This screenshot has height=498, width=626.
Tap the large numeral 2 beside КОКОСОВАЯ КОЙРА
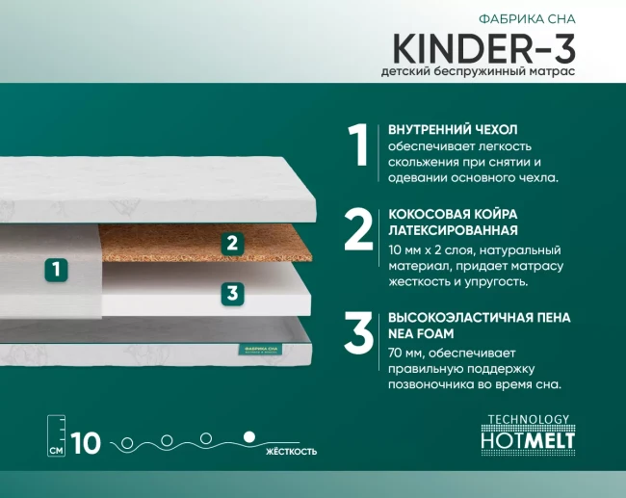pos(358,230)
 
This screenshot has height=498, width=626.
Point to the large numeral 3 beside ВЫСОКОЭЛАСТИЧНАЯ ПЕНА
pos(358,330)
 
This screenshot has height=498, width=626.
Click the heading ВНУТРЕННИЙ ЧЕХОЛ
pos(453,129)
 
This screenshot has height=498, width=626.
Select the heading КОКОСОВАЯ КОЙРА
pos(452,213)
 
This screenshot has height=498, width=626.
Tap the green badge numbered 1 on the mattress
pos(58,270)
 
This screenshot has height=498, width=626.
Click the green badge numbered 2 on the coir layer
pos(231,243)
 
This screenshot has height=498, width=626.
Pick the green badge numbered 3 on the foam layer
pos(231,293)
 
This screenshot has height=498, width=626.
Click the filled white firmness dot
pos(249,437)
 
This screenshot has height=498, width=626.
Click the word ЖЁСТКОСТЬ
pos(290,451)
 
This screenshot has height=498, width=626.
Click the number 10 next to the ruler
pos(86,443)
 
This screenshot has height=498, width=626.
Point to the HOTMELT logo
pos(525,439)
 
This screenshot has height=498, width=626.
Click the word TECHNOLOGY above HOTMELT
pos(528,419)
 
